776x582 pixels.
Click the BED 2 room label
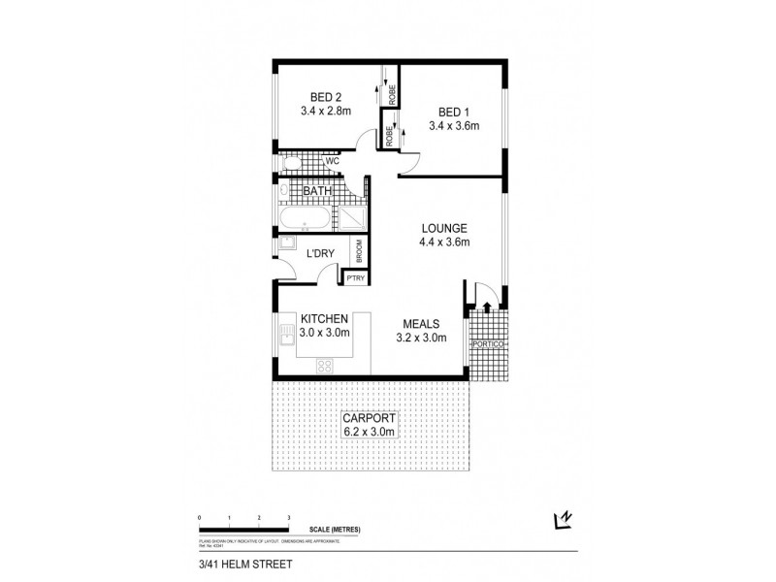(x=325, y=96)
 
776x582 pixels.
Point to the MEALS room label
(x=422, y=324)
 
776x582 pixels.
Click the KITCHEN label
(x=325, y=319)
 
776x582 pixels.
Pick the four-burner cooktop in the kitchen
(x=326, y=366)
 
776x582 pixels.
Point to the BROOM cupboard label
(x=358, y=251)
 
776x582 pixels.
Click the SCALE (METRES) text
(x=336, y=530)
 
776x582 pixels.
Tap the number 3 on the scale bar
(x=289, y=517)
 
